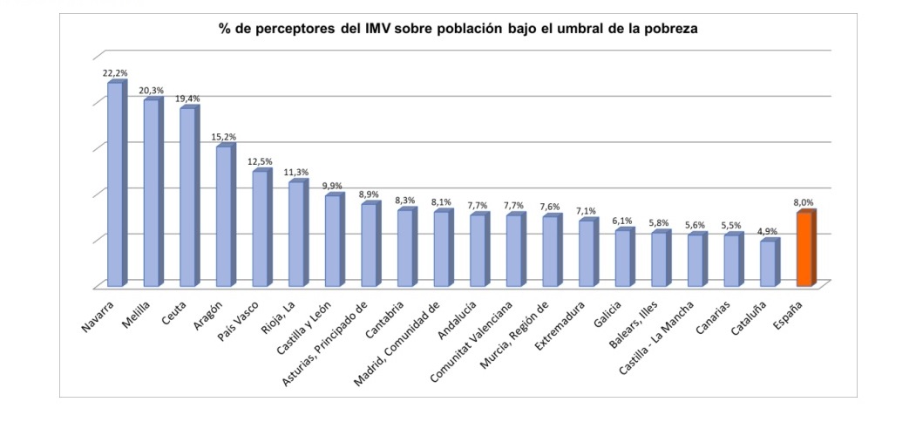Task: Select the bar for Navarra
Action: (x=115, y=184)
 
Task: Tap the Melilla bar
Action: (x=152, y=193)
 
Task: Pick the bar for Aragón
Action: (x=224, y=216)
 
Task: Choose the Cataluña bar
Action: (x=768, y=263)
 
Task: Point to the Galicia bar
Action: (x=623, y=258)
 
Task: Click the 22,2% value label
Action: (x=115, y=73)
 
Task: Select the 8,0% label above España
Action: (x=804, y=202)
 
